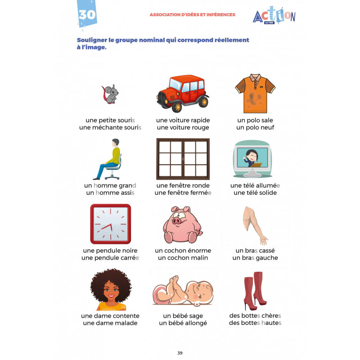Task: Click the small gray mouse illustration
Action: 109,93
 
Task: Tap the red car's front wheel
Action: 177,106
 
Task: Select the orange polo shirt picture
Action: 255,93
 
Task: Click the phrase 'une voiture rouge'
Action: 183,127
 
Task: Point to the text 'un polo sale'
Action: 255,120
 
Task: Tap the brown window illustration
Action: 183,158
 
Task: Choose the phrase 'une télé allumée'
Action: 255,185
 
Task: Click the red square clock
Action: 110,224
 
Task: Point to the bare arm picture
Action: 255,224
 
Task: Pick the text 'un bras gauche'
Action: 255,258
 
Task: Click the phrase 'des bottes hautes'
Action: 255,323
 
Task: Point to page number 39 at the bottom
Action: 180,353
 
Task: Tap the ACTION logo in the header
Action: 274,17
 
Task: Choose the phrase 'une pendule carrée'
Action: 110,258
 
